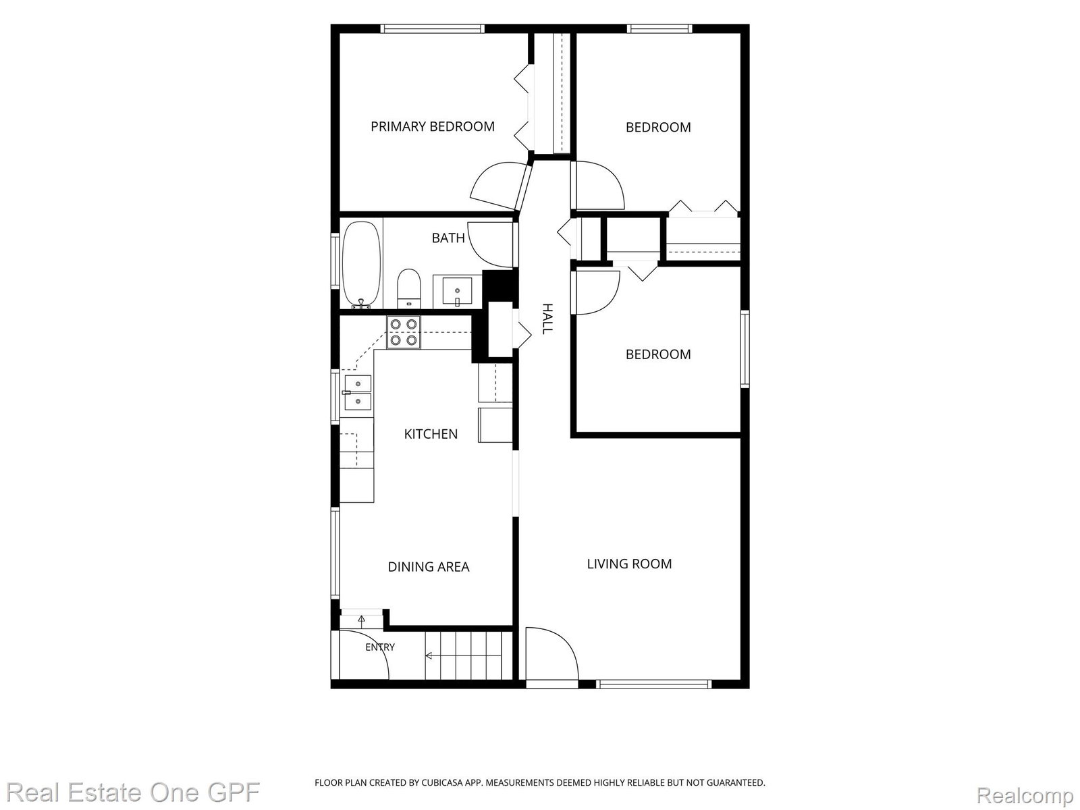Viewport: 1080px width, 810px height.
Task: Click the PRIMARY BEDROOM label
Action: tap(433, 127)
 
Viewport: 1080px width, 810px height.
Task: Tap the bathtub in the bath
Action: tap(362, 265)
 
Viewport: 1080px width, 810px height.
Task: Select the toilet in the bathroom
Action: tap(409, 289)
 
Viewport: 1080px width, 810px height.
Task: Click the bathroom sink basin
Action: tap(457, 291)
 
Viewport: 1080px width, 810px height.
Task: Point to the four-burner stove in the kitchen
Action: tap(404, 332)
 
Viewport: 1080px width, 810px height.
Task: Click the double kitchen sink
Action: tap(358, 392)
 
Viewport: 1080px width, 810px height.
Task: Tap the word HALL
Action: tap(547, 319)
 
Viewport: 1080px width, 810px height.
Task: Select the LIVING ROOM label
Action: tap(629, 564)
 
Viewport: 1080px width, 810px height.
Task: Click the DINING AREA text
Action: tap(429, 567)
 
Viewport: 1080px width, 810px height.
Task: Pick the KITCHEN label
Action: tap(431, 434)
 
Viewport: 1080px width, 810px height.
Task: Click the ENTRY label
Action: tap(380, 647)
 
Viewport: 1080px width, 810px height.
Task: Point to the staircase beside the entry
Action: tap(468, 655)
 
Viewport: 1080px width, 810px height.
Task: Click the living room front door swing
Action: tap(552, 653)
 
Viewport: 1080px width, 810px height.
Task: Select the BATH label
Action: tap(448, 238)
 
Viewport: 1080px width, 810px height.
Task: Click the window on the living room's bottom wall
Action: tap(654, 684)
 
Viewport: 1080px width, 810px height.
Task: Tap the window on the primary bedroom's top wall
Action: tap(433, 29)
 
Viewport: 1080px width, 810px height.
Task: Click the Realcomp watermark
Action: tap(1025, 794)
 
